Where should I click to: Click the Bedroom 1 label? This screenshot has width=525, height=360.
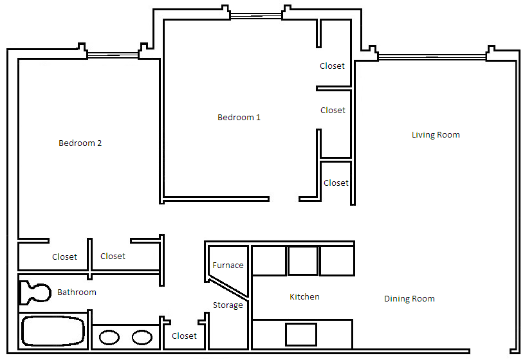239,118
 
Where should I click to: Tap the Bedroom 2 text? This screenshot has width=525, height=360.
80,143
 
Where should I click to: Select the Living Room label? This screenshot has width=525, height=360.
436,135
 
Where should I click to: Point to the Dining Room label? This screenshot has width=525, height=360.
409,299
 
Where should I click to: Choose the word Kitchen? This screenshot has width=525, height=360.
304,297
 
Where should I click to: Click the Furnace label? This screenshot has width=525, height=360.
228,265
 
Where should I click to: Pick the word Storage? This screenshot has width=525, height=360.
228,305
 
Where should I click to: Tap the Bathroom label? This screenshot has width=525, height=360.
77,292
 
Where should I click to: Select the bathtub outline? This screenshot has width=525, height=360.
53,331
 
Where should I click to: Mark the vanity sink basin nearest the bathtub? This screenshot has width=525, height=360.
109,337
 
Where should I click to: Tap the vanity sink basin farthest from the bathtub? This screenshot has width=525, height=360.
142,337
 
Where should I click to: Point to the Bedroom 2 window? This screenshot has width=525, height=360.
113,56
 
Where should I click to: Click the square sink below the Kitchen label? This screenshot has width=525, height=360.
301,334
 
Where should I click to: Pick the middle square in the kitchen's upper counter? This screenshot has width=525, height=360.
302,260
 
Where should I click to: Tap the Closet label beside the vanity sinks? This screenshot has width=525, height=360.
184,336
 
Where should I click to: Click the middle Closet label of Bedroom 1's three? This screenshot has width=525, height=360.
333,111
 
